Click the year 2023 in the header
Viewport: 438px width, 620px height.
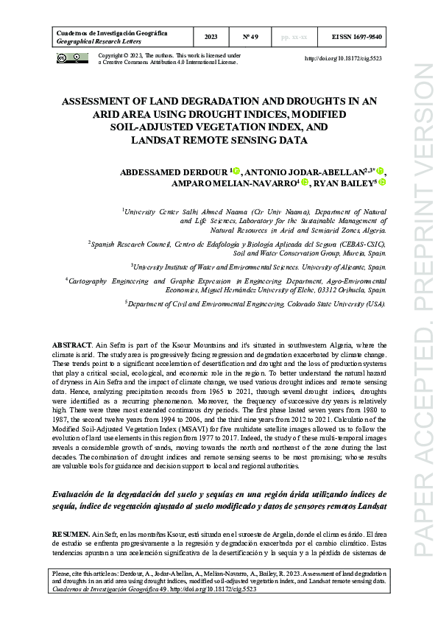click(x=211, y=37)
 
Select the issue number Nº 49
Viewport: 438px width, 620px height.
click(x=250, y=37)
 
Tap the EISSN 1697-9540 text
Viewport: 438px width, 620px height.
click(x=357, y=37)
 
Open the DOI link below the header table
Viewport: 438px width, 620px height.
click(x=343, y=58)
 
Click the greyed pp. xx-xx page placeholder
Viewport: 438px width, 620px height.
click(x=295, y=37)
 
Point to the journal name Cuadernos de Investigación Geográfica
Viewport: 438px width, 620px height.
click(x=111, y=33)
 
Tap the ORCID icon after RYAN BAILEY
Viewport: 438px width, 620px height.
click(x=383, y=183)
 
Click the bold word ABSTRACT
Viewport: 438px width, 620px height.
click(x=71, y=345)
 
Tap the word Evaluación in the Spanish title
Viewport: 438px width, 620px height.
click(x=77, y=494)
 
